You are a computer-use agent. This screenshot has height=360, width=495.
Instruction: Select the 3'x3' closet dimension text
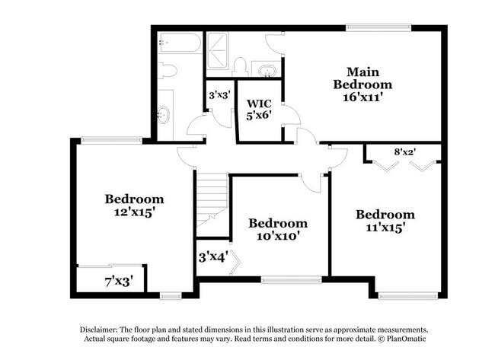pyautogui.click(x=219, y=97)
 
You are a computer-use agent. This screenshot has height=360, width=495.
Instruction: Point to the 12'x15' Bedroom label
pyautogui.click(x=134, y=205)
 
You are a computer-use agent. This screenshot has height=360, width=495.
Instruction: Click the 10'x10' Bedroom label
pyautogui.click(x=278, y=229)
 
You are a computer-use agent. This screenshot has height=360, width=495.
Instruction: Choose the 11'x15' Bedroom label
pyautogui.click(x=385, y=221)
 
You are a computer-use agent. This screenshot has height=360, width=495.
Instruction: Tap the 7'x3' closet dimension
pyautogui.click(x=118, y=282)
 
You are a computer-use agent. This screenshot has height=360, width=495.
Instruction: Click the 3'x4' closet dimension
pyautogui.click(x=213, y=257)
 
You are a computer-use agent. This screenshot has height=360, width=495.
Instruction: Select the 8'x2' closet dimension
pyautogui.click(x=404, y=151)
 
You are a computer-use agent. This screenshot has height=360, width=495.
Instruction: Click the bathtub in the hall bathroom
pyautogui.click(x=180, y=43)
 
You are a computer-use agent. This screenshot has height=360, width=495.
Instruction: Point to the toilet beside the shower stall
pyautogui.click(x=240, y=65)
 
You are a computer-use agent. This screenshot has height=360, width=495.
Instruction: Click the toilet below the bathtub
pyautogui.click(x=168, y=71)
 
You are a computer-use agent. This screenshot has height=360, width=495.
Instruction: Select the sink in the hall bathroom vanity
pyautogui.click(x=165, y=116)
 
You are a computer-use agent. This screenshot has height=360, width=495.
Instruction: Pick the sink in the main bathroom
pyautogui.click(x=266, y=71)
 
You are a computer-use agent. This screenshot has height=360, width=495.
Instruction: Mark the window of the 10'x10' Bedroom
pyautogui.click(x=291, y=280)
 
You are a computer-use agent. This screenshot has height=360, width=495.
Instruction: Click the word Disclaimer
pyautogui.click(x=102, y=328)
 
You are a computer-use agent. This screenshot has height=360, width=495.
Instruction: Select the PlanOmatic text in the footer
pyautogui.click(x=393, y=339)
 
